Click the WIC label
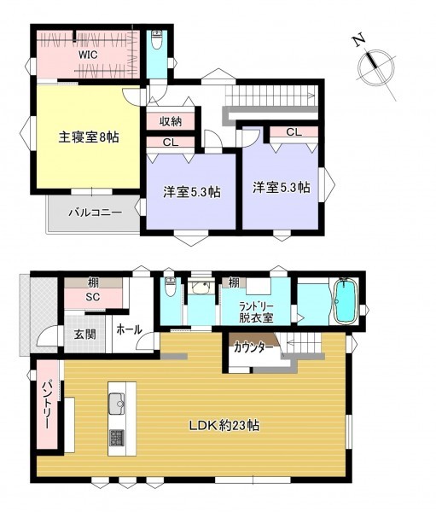pyautogui.click(x=88, y=55)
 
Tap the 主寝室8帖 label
pyautogui.click(x=89, y=137)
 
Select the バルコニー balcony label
pyautogui.click(x=95, y=212)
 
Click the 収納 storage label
pyautogui.click(x=171, y=122)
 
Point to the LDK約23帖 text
pyautogui.click(x=224, y=425)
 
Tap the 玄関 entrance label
pyautogui.click(x=84, y=334)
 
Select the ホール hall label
pyautogui.click(x=129, y=329)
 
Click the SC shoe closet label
pyautogui.click(x=93, y=297)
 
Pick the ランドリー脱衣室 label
pyautogui.click(x=256, y=312)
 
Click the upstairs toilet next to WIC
pyautogui.click(x=157, y=39)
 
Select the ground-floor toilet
pyautogui.click(x=170, y=286)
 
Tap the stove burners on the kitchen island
pyautogui.click(x=117, y=439)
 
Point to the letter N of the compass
pyautogui.click(x=358, y=39)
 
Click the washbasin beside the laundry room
pyautogui.click(x=201, y=288)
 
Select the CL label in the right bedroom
pyautogui.click(x=294, y=132)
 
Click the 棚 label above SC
pyautogui.click(x=93, y=282)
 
